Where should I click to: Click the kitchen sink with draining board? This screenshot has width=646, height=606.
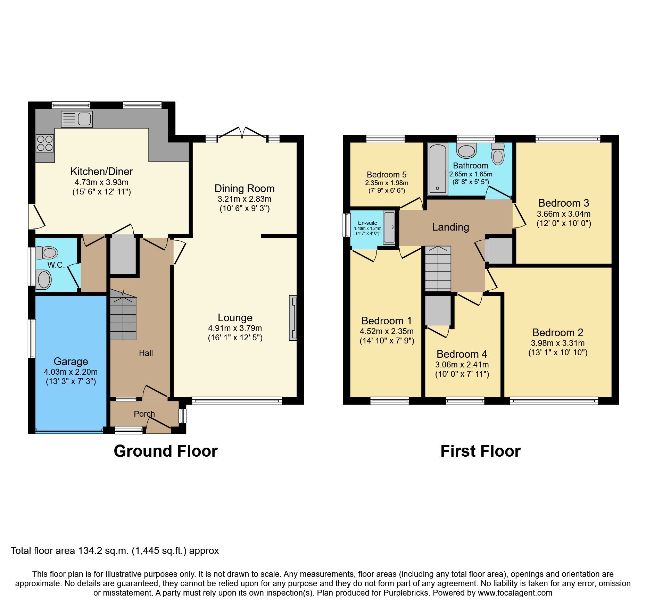[x=76, y=119]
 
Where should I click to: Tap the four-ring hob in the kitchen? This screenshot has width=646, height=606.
[x=45, y=143]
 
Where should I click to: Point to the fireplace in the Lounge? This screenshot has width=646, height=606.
[x=293, y=318]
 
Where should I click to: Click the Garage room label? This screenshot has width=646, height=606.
[x=71, y=362]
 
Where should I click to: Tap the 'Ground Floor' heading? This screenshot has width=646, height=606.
[x=165, y=451]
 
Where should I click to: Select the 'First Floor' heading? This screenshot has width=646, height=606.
[x=480, y=451]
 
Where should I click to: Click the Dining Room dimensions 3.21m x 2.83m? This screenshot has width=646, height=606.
[x=245, y=199]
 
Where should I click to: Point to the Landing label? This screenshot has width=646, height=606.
[x=450, y=227]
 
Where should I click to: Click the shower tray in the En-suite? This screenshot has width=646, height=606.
[x=389, y=227]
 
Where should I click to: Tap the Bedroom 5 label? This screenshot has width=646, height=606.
[x=387, y=175]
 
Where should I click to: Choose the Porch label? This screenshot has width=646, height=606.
[x=144, y=414]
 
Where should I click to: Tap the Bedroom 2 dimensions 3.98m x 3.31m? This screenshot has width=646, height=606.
[x=557, y=343]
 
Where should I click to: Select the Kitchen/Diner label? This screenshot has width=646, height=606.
[x=101, y=171]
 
